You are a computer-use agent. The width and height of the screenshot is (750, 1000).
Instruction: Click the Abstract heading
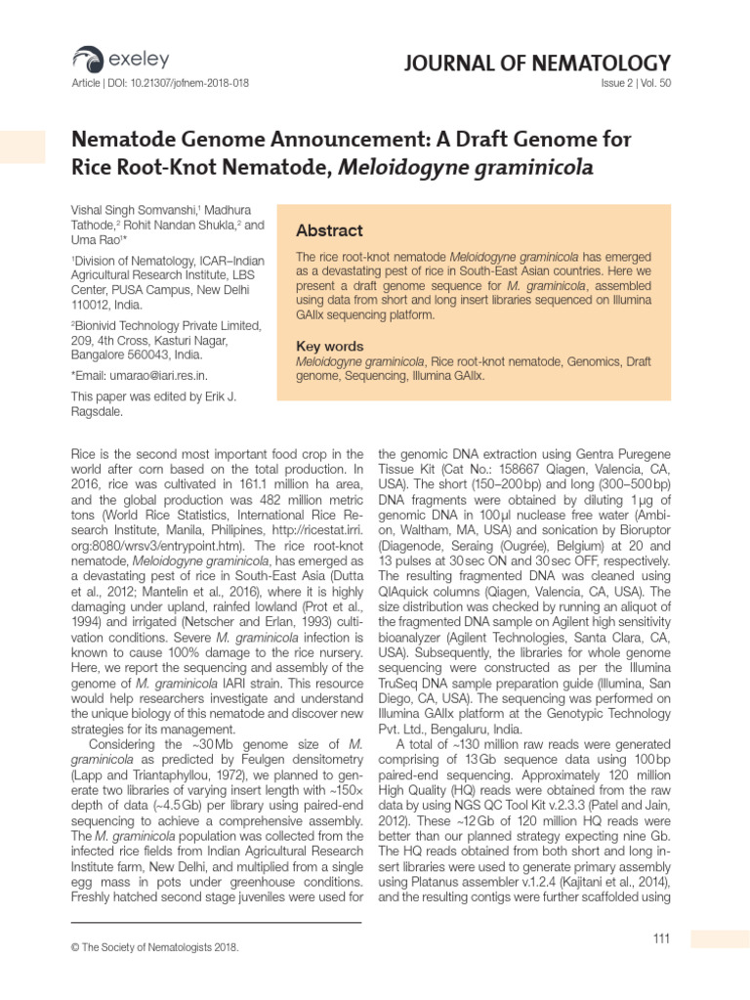pos(329,231)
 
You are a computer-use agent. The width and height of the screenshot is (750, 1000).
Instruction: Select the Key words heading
pos(329,347)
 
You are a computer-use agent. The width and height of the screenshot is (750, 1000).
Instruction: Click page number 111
pos(661,939)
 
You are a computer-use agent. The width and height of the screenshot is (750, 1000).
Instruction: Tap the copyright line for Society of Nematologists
pos(155,947)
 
